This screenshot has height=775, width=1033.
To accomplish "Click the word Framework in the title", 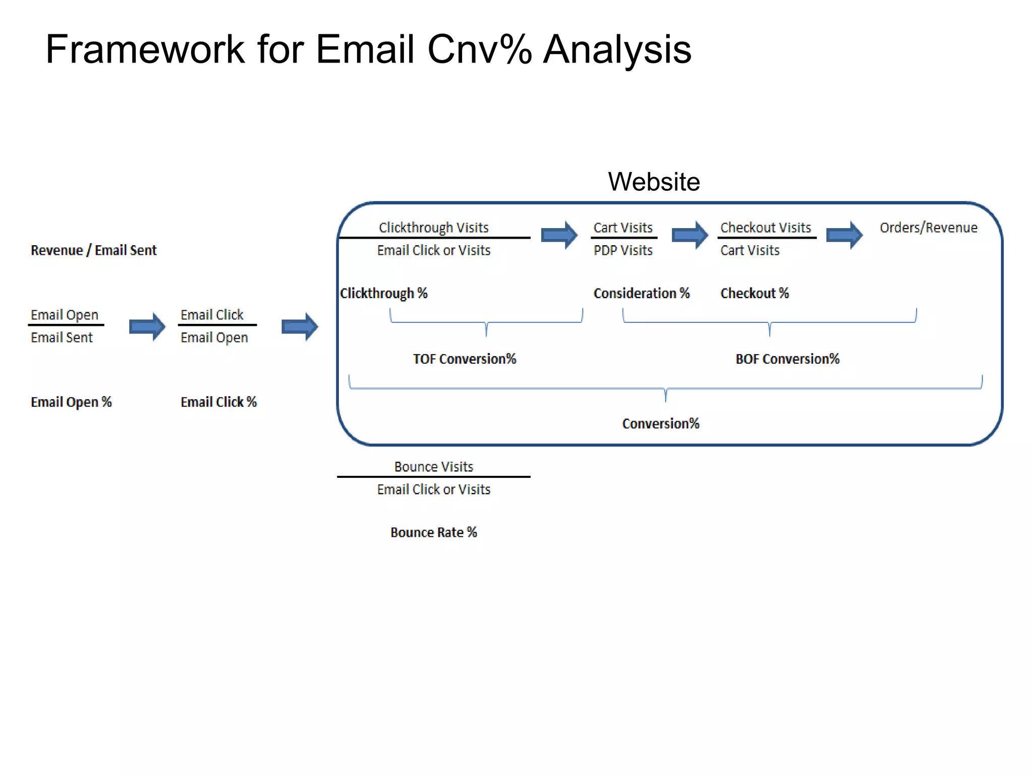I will point(145,49).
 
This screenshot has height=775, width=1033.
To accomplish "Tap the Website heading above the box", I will point(654,182).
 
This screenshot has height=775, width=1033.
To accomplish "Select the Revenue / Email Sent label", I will point(94,250).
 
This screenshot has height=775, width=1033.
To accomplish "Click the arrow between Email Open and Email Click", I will point(147,327).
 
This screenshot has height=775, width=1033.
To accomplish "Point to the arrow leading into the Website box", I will point(300,327).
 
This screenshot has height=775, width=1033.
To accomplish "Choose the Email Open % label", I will point(71,402).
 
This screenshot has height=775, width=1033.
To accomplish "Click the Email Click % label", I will point(218,402).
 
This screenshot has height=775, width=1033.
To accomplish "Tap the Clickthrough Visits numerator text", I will point(434,228).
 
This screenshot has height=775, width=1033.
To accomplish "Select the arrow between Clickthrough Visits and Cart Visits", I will point(559,235).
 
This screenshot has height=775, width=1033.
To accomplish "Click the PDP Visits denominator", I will point(623,250).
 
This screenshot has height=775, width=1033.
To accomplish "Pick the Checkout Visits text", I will point(765,228).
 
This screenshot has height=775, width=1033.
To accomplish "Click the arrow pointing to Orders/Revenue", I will point(844,235).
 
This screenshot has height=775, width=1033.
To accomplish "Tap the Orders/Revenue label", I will point(929,228).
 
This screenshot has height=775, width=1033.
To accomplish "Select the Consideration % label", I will point(641,293).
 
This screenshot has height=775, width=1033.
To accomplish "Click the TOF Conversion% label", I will point(465,359).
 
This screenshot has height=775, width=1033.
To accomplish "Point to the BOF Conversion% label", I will point(787,359).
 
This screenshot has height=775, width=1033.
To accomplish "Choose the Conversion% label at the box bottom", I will point(661,423).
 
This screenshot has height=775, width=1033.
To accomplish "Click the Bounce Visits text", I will point(434,467).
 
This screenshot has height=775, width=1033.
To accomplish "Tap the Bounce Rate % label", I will point(434,532).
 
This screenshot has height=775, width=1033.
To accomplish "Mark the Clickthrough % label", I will point(384,293).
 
